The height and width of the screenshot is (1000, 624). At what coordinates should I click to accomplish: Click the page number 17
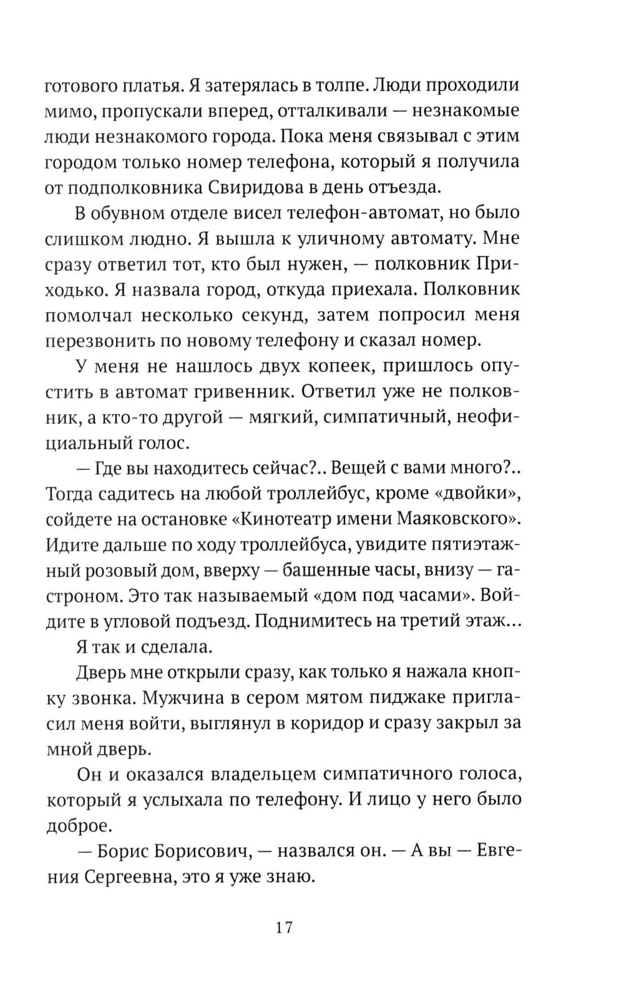pos(283,926)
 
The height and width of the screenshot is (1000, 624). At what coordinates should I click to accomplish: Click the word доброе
pos(79,825)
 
